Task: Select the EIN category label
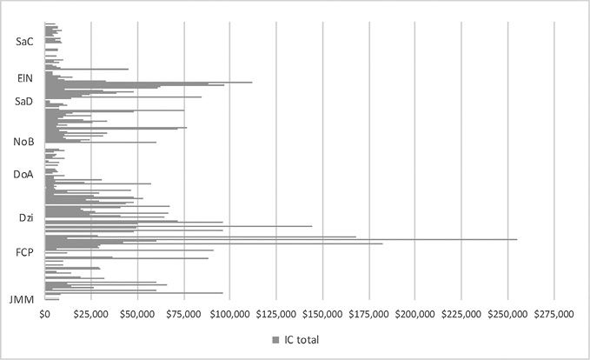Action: (x=25, y=78)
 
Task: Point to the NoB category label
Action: (x=23, y=142)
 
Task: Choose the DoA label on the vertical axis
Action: (x=23, y=175)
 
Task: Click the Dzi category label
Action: (x=26, y=217)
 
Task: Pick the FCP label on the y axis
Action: (x=24, y=253)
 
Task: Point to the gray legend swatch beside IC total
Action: (x=275, y=338)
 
